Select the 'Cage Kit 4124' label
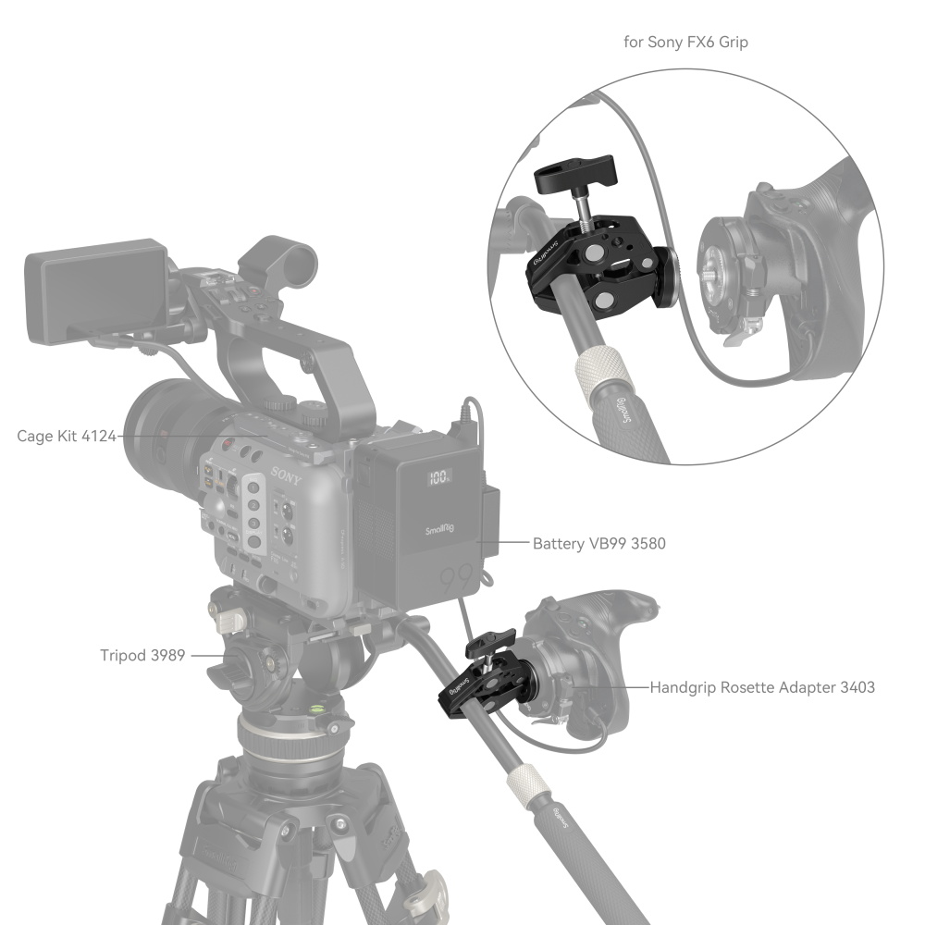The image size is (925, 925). coord(67,435)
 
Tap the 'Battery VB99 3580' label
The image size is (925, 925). coord(598,544)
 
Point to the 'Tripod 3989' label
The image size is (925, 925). coord(142,656)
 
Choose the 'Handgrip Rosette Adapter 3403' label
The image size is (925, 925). coord(762,687)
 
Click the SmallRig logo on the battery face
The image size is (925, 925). coord(438,530)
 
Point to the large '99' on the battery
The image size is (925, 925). coord(457,581)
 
